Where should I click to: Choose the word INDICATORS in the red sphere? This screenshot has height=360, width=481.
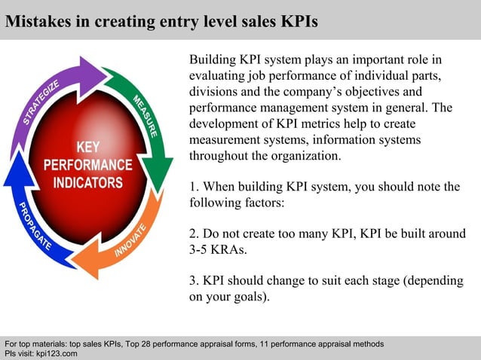[87, 182]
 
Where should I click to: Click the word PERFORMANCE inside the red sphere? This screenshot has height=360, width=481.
[87, 164]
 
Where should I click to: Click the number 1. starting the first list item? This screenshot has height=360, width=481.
[194, 187]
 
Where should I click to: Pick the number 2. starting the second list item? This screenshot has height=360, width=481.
[194, 233]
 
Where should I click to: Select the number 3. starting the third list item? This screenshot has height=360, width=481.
[194, 280]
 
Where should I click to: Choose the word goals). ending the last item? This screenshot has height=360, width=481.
[249, 297]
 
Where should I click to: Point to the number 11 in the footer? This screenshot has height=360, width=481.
[263, 344]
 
